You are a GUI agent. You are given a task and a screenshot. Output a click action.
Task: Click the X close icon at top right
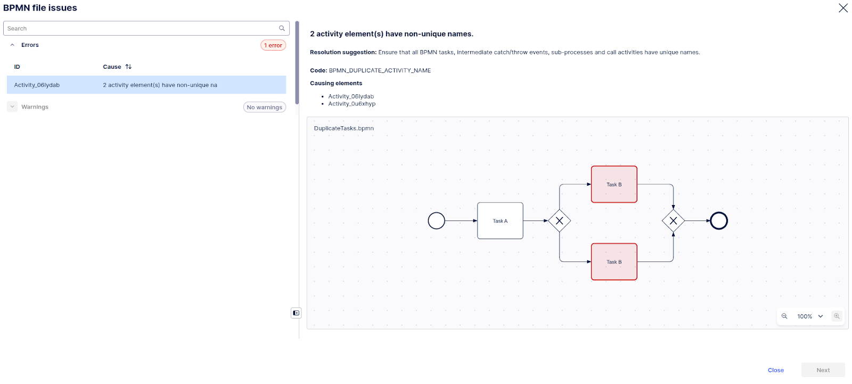(843, 8)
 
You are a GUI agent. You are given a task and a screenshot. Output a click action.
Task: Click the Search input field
(141, 28)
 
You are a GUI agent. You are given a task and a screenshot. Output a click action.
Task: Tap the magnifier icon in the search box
(282, 28)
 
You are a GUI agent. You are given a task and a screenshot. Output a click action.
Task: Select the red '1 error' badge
(273, 45)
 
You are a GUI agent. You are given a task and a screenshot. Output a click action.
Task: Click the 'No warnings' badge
(265, 107)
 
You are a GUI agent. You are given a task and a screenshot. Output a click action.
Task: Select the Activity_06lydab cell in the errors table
(37, 85)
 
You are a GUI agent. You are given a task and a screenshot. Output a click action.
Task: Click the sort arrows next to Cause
(128, 67)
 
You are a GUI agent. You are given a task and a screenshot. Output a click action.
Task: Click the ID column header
(17, 67)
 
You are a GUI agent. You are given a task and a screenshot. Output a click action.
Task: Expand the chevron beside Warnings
(12, 107)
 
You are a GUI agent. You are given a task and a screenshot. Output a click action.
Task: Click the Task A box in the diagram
(500, 220)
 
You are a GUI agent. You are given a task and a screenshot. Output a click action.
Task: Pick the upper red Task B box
(614, 184)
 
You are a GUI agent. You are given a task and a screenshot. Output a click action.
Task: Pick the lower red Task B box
(614, 262)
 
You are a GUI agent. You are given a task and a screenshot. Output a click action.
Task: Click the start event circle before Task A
(436, 220)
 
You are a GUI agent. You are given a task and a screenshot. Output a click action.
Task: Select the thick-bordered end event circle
(719, 220)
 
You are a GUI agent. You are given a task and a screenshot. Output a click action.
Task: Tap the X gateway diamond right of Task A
(559, 220)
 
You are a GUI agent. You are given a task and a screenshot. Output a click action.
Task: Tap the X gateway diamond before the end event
(673, 220)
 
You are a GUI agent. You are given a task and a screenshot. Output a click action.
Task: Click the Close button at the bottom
(775, 370)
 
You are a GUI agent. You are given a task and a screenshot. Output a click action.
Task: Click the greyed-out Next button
(823, 370)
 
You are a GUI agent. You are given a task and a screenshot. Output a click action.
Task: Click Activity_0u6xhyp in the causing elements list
(351, 104)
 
